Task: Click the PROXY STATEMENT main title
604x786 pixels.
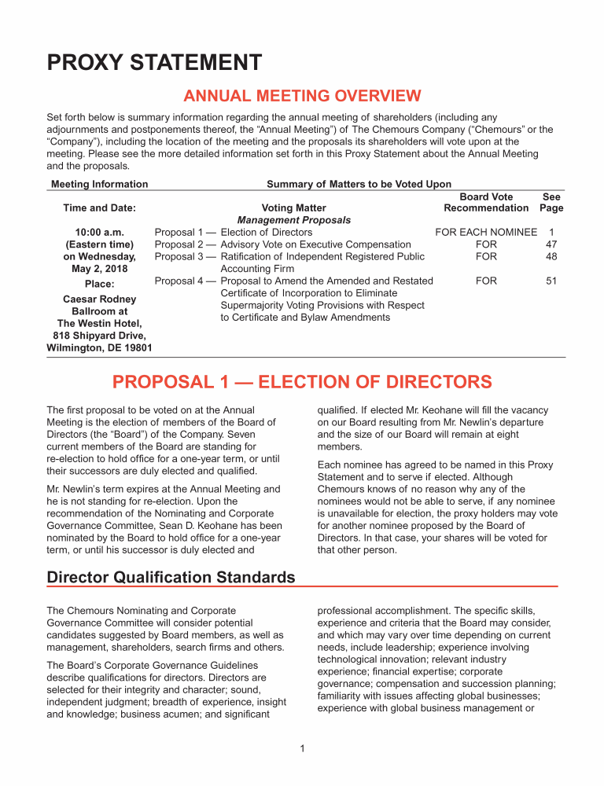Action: click(154, 62)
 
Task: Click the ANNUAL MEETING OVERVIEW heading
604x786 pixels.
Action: click(302, 97)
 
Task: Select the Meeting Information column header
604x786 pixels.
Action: click(99, 184)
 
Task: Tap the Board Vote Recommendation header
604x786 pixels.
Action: click(486, 202)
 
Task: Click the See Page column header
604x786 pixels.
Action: click(551, 202)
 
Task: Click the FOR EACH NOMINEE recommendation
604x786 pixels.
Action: click(486, 233)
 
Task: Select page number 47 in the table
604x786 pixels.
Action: click(551, 244)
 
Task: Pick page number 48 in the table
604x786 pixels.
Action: click(551, 256)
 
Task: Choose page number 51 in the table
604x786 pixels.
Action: click(551, 281)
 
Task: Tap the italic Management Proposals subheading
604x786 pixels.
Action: click(294, 220)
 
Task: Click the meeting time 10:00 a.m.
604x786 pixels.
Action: click(99, 233)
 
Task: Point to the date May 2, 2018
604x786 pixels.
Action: click(99, 268)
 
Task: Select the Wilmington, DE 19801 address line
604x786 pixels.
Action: click(99, 347)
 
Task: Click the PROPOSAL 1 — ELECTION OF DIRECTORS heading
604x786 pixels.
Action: click(302, 383)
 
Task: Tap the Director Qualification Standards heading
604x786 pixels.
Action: click(171, 578)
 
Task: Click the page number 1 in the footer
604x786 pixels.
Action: click(302, 747)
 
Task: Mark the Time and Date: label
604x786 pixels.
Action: click(99, 208)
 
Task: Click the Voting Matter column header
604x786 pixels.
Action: click(293, 208)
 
